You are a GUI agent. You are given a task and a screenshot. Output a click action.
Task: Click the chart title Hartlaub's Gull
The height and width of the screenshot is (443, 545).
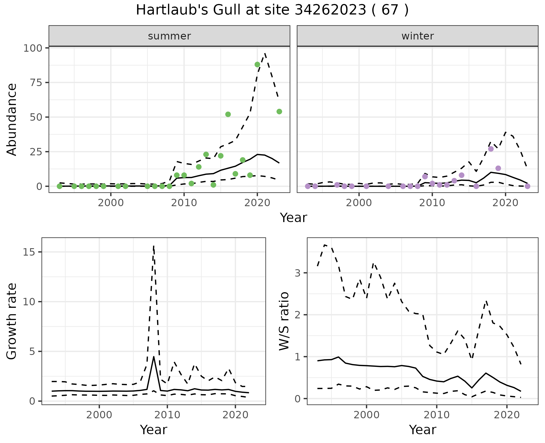tap(272, 10)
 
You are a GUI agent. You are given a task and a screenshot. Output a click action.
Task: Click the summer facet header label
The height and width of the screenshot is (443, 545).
tap(169, 36)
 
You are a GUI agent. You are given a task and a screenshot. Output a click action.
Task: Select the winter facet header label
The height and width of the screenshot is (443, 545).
tap(418, 36)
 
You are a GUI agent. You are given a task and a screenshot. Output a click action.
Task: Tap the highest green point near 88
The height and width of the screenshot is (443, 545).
tap(257, 64)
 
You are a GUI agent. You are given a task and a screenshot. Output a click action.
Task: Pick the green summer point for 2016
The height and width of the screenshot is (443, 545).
tap(228, 114)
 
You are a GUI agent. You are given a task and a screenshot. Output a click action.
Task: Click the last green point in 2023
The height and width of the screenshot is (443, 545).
tap(279, 112)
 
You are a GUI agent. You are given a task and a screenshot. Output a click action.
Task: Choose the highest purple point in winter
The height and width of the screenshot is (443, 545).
tap(491, 149)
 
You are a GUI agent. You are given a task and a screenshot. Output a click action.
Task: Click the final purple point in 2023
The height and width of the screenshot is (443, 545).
tap(527, 186)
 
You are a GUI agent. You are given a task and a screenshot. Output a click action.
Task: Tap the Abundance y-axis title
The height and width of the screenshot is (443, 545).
tap(12, 120)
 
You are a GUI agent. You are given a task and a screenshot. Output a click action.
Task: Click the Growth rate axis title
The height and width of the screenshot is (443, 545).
tap(12, 321)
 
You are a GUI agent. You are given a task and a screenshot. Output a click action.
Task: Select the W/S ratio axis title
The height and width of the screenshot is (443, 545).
tap(284, 321)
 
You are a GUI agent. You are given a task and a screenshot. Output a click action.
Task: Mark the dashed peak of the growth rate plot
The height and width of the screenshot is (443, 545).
tap(154, 246)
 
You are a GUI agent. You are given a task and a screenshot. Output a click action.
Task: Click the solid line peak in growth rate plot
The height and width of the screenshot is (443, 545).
tap(154, 357)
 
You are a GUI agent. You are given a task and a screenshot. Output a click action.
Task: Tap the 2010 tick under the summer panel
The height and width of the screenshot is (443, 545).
tap(184, 203)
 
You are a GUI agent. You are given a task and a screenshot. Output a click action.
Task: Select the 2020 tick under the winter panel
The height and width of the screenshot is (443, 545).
tap(505, 203)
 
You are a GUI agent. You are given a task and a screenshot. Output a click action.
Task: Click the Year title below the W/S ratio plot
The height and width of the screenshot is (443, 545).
tap(422, 430)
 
